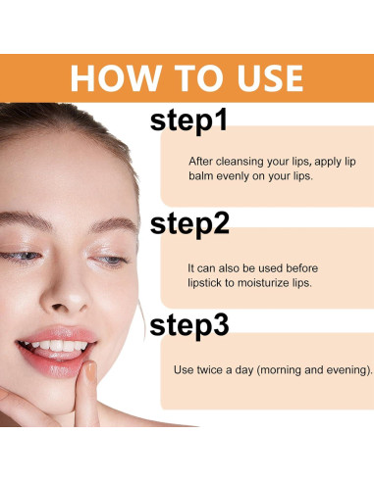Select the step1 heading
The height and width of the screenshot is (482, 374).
click(x=188, y=121)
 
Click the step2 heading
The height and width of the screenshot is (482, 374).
click(x=189, y=223)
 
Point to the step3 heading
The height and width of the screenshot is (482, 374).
click(x=189, y=325)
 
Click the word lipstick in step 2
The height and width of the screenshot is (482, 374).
click(x=208, y=282)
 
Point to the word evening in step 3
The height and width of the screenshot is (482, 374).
click(x=345, y=370)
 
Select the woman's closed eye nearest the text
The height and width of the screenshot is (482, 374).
click(x=112, y=260)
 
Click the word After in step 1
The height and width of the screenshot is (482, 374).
click(x=201, y=160)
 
